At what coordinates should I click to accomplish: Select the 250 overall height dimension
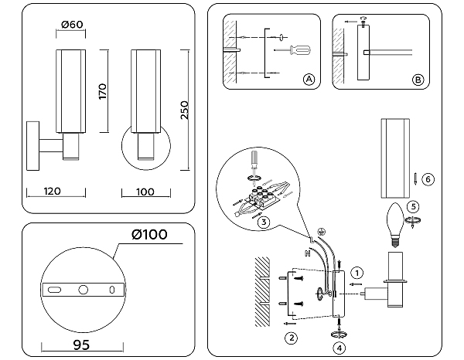[184, 110]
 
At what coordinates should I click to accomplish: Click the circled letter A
[308, 80]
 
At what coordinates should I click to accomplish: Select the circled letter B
[417, 80]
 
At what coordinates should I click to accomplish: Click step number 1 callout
[357, 272]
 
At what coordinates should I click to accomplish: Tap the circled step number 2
[291, 337]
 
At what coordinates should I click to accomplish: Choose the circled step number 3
[264, 223]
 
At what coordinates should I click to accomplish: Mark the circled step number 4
[339, 348]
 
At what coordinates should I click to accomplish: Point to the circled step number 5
[414, 206]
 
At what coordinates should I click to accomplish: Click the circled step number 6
[428, 179]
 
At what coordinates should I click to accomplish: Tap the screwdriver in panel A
[297, 51]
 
